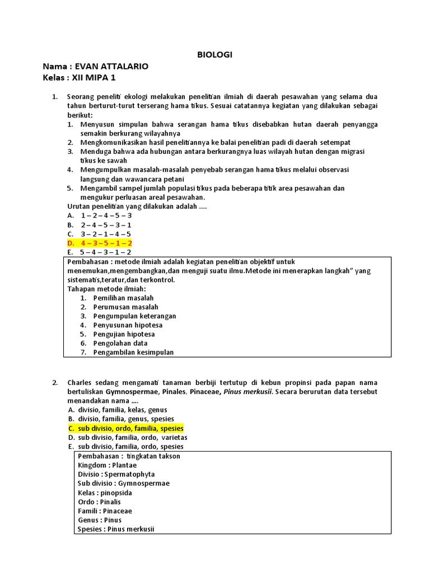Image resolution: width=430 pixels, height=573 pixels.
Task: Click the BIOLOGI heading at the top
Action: (x=214, y=54)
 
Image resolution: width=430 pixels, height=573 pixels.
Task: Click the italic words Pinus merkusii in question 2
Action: (x=249, y=392)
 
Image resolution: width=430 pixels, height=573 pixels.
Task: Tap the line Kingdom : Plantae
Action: (x=107, y=465)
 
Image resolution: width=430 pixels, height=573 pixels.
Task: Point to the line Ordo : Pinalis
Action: (x=99, y=502)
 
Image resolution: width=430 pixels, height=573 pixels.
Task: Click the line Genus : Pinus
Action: (x=100, y=520)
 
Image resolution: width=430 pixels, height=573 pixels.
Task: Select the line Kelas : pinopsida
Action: (x=105, y=492)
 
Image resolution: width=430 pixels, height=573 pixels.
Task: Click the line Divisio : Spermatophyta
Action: (x=116, y=474)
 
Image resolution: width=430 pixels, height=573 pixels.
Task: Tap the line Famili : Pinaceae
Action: (x=105, y=511)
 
